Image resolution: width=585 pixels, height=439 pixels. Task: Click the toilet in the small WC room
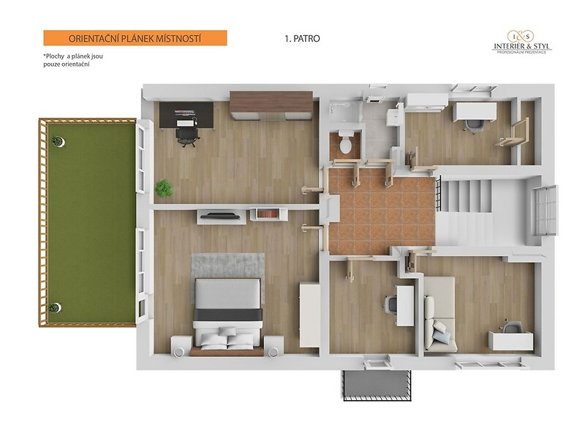345,141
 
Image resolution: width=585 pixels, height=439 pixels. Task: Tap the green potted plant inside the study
164,188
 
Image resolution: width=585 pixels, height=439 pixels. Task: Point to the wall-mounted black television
221,215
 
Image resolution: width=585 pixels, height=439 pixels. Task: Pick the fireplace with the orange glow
268,214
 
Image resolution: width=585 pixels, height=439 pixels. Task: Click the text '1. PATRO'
302,39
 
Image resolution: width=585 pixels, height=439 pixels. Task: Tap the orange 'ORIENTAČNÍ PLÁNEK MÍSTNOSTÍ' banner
135,38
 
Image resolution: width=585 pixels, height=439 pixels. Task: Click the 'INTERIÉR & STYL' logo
522,42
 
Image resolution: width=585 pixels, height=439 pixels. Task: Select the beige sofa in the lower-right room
439,314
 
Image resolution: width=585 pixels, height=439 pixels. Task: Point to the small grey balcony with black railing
377,386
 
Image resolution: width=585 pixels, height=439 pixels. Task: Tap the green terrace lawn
91,222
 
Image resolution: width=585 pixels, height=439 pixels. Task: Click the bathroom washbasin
393,118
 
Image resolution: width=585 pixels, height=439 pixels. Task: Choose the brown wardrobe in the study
271,105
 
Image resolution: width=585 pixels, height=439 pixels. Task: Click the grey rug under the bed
228,266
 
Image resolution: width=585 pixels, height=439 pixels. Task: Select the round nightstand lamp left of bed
178,352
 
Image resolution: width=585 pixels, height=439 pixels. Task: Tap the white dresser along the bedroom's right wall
309,315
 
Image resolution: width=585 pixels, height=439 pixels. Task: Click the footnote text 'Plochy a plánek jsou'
73,56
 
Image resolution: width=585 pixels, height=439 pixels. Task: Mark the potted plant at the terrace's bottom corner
56,307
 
